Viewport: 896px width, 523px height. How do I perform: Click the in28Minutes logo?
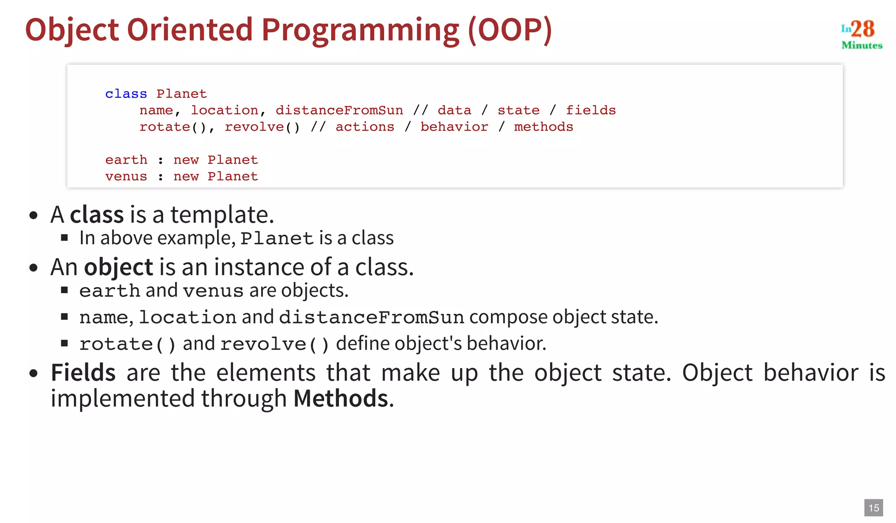(x=861, y=34)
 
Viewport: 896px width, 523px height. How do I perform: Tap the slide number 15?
(x=874, y=508)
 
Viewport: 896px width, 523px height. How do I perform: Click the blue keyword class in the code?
(x=126, y=94)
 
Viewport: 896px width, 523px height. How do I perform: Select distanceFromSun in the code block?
(x=339, y=110)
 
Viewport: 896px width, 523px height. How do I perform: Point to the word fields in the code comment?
(x=591, y=110)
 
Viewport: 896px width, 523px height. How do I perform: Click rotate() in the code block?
(x=172, y=127)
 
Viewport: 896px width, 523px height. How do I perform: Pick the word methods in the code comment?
(x=543, y=127)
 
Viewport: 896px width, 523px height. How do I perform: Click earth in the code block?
(x=126, y=160)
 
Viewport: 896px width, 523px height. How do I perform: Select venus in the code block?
(x=126, y=176)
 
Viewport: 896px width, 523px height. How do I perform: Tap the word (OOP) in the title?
(x=510, y=30)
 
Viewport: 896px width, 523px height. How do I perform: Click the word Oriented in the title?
(x=190, y=30)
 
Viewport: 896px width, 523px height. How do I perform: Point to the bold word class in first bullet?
(x=97, y=215)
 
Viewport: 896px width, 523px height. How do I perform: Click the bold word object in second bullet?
(x=119, y=267)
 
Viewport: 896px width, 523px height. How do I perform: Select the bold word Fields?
(x=83, y=373)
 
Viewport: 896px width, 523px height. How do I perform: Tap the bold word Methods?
(x=341, y=399)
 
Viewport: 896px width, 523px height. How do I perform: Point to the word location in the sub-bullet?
(x=187, y=317)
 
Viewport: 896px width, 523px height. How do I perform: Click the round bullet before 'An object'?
(x=33, y=267)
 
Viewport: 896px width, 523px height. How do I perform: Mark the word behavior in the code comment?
(x=454, y=127)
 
